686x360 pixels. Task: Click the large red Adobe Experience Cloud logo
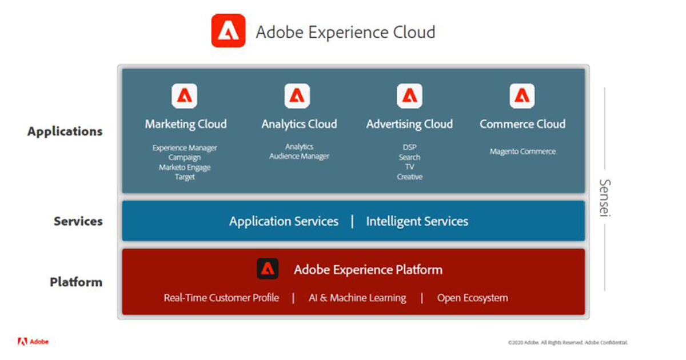229,31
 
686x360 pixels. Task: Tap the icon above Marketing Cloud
184,96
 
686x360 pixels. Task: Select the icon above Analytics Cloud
297,96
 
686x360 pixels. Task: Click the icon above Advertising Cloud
410,96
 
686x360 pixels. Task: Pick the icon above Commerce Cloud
523,96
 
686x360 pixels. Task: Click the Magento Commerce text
523,151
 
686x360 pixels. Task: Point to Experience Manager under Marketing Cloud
185,148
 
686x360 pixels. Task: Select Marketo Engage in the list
185,167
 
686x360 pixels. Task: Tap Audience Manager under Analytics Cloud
299,156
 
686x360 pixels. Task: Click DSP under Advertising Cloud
410,147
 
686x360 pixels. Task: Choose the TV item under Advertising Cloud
410,167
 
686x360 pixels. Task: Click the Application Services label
284,221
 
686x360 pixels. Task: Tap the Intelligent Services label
417,221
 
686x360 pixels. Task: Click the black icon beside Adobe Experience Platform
268,269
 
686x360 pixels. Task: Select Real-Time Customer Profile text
221,298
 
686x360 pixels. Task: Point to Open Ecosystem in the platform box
473,298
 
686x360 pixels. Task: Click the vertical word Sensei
605,198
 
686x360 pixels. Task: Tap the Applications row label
65,131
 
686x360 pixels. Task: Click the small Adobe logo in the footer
33,342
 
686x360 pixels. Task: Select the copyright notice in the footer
568,342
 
